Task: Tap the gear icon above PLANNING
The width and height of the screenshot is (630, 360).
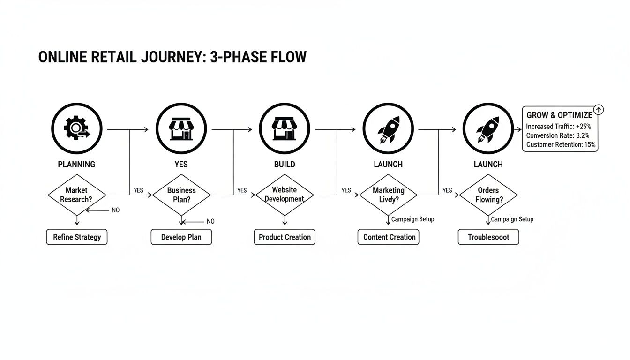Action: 76,128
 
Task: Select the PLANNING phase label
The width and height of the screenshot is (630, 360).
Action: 76,164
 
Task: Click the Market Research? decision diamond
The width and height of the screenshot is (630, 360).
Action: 76,195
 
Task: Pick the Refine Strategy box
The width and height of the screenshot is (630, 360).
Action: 77,237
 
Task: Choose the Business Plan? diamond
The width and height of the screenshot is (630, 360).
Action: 181,195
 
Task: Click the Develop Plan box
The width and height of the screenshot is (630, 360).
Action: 181,237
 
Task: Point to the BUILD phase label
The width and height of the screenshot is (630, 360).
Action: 285,164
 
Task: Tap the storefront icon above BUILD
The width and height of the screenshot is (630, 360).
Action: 285,128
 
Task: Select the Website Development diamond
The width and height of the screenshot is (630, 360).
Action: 285,195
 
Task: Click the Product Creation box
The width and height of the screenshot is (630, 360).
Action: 285,237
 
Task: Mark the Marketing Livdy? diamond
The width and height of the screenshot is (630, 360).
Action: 388,195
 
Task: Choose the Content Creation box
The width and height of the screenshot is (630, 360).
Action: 389,237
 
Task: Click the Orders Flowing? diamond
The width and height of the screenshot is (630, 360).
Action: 488,195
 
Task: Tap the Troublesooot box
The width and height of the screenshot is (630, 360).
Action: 488,237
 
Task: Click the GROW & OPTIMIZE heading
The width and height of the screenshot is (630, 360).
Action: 559,115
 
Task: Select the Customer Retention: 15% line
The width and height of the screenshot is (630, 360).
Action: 561,145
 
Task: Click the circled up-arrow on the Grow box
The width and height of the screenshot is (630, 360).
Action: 599,110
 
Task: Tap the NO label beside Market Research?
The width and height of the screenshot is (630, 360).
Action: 115,210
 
